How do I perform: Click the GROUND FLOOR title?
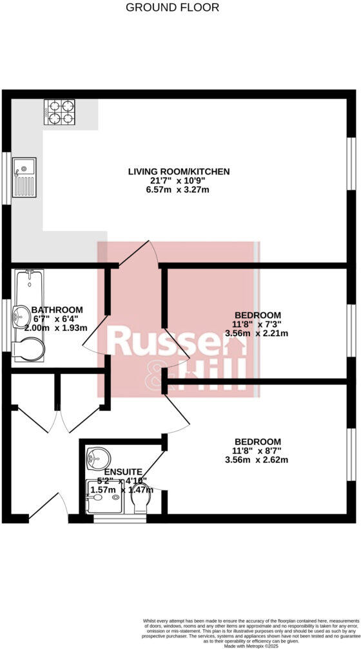(x=172, y=8)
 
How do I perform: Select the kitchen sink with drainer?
(x=24, y=177)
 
